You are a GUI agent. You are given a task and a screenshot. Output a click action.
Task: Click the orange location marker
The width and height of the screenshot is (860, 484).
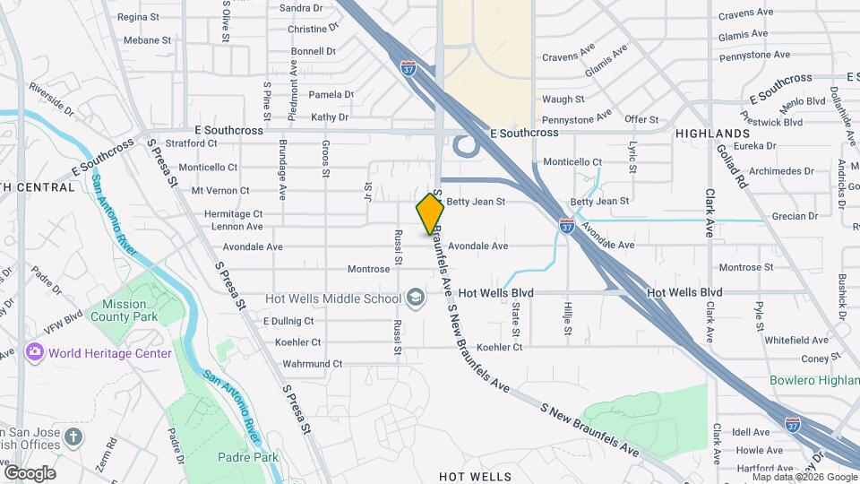(x=430, y=213)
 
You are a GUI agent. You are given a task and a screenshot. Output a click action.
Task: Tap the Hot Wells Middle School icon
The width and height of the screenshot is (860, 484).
(x=416, y=298)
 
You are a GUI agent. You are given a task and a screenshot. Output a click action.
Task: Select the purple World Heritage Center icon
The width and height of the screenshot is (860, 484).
(x=36, y=352)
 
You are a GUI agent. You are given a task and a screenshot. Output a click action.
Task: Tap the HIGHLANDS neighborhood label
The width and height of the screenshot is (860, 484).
(x=712, y=133)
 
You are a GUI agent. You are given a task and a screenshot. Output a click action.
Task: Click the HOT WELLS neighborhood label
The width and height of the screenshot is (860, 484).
(x=475, y=476)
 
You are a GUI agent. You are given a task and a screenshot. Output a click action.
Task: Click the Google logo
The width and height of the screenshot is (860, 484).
(x=30, y=472)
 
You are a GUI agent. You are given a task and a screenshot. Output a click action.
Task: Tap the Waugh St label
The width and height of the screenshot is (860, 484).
(x=563, y=99)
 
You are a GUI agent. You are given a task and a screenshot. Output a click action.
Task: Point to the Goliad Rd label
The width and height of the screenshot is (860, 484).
(x=731, y=166)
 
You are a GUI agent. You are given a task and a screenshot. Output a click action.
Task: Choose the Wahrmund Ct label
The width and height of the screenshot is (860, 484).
(x=312, y=364)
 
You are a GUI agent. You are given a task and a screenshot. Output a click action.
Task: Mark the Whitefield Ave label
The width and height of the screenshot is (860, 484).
(x=796, y=340)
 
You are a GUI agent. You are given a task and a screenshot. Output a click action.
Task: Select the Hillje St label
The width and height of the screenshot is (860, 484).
(x=568, y=318)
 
